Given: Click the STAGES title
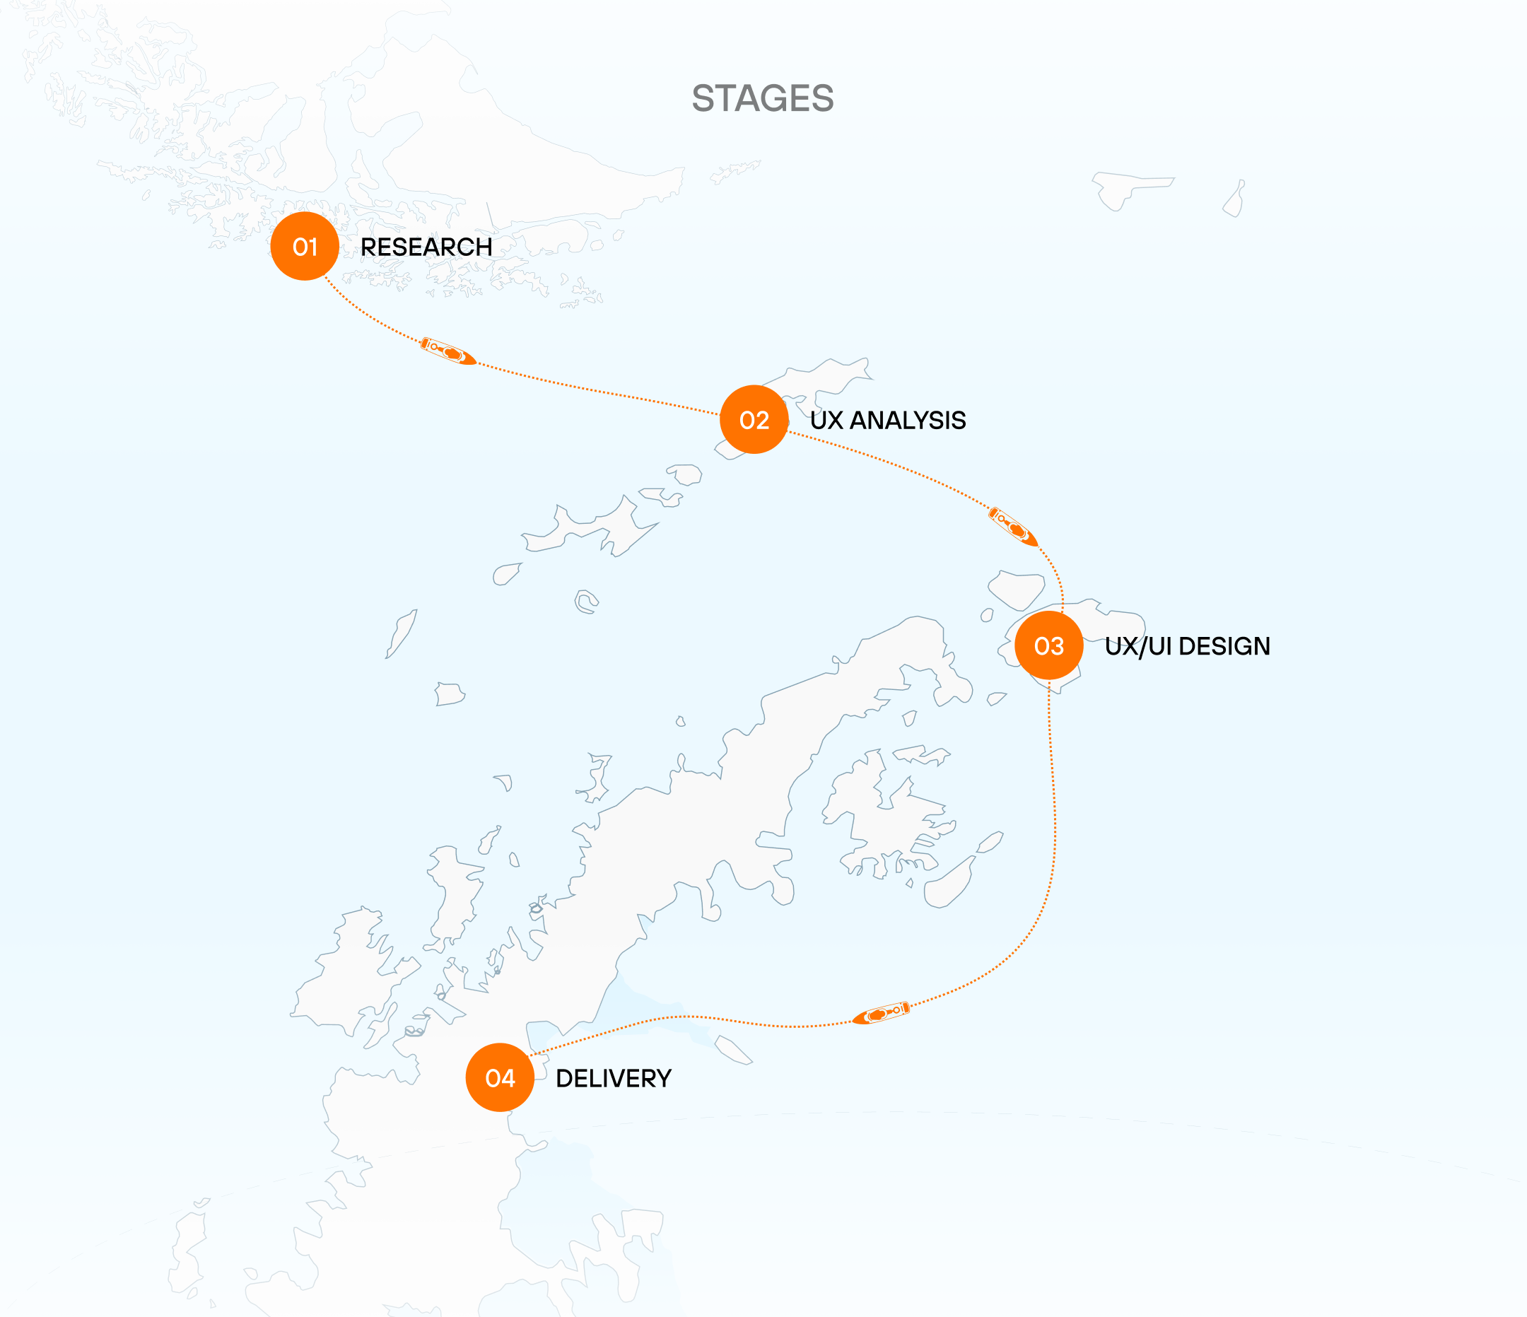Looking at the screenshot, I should click(x=763, y=98).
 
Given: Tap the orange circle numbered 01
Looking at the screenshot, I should click(x=305, y=246).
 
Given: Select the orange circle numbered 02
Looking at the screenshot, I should click(x=754, y=419).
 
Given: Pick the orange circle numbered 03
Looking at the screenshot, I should click(x=1048, y=645).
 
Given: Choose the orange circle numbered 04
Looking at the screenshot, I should click(x=500, y=1077).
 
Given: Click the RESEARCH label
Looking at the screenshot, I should click(x=426, y=247).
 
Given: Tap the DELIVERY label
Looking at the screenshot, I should click(x=613, y=1078).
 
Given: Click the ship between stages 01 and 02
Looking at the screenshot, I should click(x=448, y=351).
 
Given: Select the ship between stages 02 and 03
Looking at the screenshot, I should click(x=1013, y=526).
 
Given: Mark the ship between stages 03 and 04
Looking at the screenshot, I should click(x=882, y=1013).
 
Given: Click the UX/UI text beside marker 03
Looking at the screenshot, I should click(x=1138, y=646).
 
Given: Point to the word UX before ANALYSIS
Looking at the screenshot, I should click(x=826, y=420).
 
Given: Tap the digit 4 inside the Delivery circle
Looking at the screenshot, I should click(x=507, y=1078).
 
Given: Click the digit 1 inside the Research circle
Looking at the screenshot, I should click(x=312, y=247).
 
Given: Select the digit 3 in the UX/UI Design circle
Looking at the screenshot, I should click(x=1057, y=646).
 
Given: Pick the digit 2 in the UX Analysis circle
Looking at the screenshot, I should click(x=762, y=420).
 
